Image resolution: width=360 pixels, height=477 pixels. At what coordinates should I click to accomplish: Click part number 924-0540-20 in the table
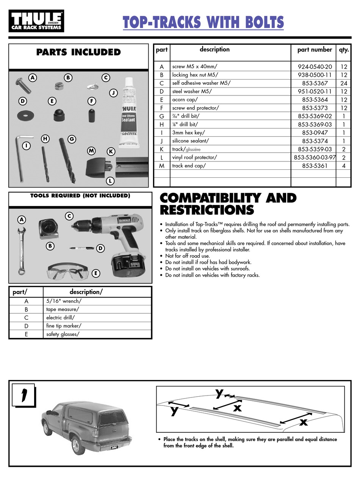click(x=315, y=67)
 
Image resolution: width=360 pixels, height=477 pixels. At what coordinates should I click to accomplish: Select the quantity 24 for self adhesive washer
click(x=344, y=83)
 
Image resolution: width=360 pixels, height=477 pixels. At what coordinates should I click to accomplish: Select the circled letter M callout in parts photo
click(x=91, y=151)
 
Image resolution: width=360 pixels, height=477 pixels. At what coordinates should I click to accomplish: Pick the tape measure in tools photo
click(x=49, y=229)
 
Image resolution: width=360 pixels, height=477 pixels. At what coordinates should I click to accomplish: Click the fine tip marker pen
click(x=81, y=248)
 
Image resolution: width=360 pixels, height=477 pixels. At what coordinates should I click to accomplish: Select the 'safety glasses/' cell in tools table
click(x=63, y=335)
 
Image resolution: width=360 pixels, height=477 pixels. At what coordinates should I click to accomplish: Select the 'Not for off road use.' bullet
click(x=188, y=256)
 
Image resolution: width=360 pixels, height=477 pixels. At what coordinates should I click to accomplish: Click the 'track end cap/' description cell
click(x=189, y=166)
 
